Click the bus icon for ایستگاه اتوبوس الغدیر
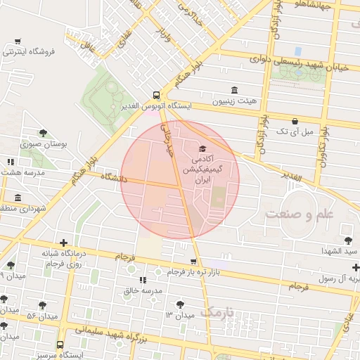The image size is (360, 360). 156,95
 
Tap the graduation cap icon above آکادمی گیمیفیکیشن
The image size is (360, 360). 203,148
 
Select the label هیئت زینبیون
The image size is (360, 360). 234,101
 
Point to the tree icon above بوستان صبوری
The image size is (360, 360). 43,133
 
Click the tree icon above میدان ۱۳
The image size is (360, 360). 180,304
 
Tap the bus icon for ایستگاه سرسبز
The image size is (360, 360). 60,345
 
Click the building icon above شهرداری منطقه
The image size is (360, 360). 18,198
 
